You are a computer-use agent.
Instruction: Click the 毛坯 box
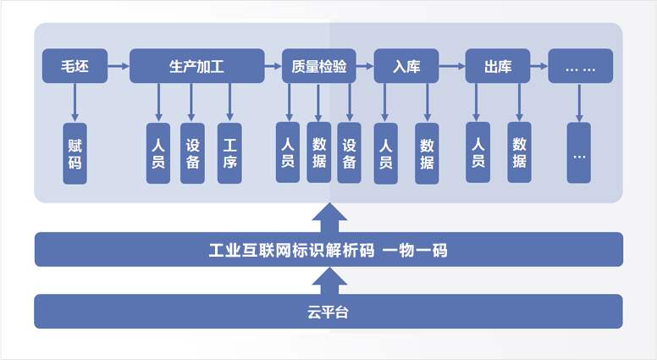point(75,66)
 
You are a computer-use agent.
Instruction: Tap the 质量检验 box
point(318,66)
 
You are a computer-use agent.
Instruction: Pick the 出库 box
point(498,66)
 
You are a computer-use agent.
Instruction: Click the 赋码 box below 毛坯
point(75,153)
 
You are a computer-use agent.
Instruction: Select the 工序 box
point(229,153)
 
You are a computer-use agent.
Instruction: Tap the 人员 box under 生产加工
point(157,153)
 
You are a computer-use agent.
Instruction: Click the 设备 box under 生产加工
point(193,153)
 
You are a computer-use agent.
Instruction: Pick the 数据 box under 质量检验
point(318,152)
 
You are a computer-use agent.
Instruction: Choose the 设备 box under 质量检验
point(349,152)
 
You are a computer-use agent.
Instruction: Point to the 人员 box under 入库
point(386,153)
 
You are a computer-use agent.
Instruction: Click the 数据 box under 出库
point(519,152)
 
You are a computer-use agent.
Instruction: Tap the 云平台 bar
point(328,312)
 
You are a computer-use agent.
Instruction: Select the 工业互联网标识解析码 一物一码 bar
point(328,250)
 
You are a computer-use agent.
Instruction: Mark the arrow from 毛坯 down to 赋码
point(75,102)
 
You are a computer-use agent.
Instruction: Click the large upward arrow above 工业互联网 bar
point(328,217)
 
